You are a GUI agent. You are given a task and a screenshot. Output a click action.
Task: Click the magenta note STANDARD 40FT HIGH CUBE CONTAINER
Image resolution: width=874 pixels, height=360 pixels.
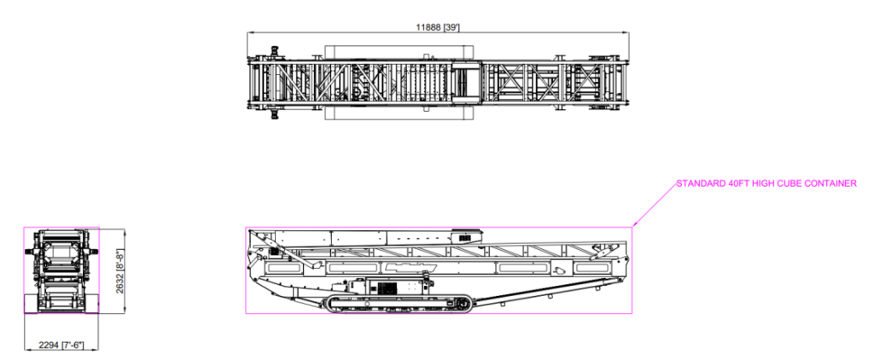point(765,183)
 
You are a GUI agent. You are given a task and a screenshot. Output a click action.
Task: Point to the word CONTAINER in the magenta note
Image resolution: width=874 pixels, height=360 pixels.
point(832,183)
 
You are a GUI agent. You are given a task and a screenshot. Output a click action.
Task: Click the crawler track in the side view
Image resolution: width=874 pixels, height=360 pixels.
point(398,302)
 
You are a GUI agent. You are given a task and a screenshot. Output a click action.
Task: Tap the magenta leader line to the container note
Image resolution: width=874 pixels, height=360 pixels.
point(653,206)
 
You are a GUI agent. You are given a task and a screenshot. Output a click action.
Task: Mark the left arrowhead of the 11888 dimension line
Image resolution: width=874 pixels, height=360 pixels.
point(249,32)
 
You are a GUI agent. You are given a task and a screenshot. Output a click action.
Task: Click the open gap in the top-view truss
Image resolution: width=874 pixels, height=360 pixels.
point(466,84)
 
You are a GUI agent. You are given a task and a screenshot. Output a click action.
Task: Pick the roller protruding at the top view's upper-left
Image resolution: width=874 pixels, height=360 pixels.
point(275,49)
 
